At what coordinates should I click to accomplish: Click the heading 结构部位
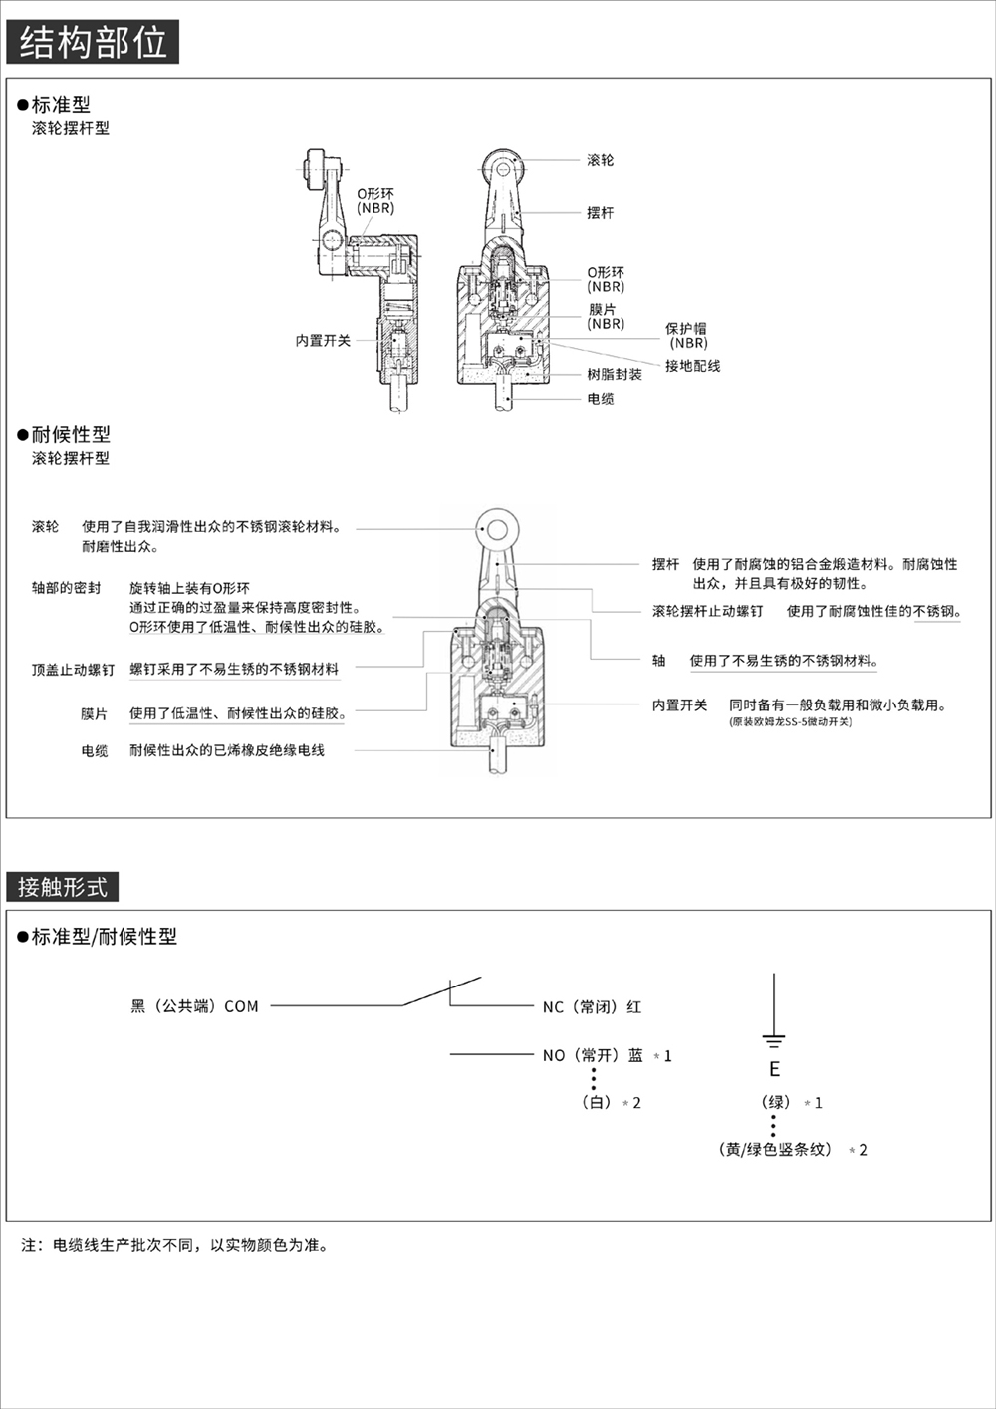(93, 43)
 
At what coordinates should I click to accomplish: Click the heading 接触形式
(62, 886)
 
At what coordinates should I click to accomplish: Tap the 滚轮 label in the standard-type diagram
(600, 160)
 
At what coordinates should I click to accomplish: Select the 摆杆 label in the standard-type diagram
(600, 213)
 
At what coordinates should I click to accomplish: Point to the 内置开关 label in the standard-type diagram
(323, 341)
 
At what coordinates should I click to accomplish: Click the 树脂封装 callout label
(614, 375)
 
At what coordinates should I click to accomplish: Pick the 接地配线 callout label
(692, 366)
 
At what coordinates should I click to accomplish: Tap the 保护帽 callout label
(686, 329)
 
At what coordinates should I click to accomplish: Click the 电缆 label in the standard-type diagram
(600, 399)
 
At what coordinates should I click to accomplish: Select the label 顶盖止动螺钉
(73, 670)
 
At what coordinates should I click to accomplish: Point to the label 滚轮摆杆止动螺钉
(707, 611)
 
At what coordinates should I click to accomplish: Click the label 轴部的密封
(66, 588)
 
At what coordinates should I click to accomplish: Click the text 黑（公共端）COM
(194, 1006)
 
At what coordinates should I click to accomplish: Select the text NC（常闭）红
(592, 1007)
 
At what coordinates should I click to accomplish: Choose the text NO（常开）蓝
(593, 1055)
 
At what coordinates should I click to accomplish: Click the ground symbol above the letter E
(774, 1040)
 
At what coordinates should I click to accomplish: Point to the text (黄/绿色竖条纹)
(777, 1149)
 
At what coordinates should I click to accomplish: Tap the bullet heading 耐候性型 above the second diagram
(71, 434)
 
